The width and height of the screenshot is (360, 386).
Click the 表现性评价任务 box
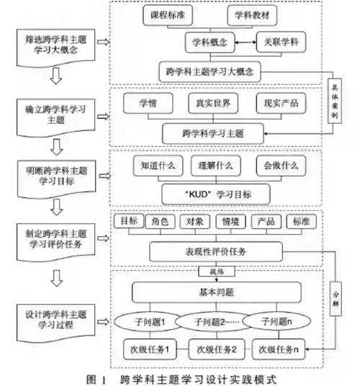212,251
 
